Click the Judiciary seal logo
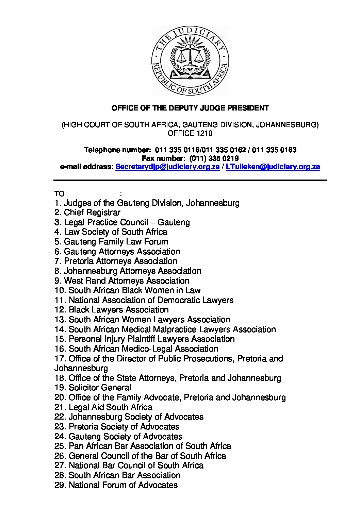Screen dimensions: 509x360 (x=190, y=61)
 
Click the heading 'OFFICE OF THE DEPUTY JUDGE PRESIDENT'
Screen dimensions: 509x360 (x=190, y=108)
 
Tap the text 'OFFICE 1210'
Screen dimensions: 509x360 (x=190, y=133)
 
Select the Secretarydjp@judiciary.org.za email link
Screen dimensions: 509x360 (x=167, y=167)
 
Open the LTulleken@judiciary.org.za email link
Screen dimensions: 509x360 (x=273, y=167)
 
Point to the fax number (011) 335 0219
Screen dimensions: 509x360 (x=214, y=158)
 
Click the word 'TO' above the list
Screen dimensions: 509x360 (x=59, y=194)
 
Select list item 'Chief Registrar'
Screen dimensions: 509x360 (x=92, y=213)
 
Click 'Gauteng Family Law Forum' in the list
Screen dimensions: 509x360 (x=116, y=242)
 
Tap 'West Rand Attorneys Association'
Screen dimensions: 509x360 (x=127, y=281)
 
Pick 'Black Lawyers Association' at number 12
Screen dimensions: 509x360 (x=118, y=310)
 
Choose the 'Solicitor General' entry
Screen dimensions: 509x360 (x=99, y=388)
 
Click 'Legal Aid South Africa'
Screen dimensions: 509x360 (x=110, y=407)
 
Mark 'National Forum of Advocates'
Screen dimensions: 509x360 (x=123, y=485)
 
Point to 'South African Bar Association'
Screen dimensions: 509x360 (x=125, y=475)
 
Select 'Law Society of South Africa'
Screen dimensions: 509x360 (x=115, y=232)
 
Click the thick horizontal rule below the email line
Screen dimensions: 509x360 (x=190, y=180)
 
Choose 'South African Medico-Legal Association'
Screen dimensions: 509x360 (x=143, y=349)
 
